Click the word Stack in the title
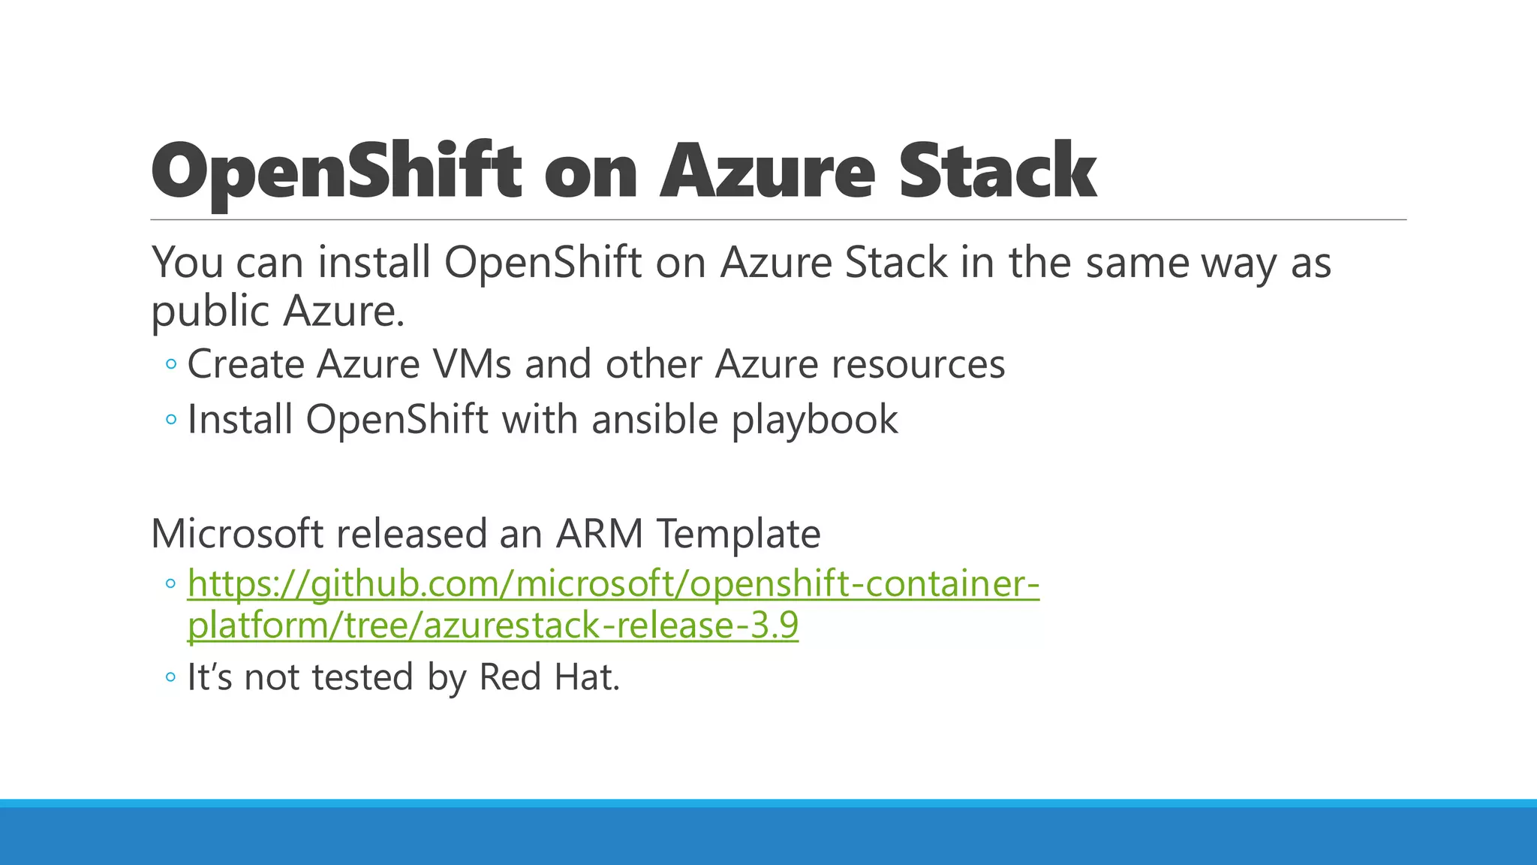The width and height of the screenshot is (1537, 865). coord(997,171)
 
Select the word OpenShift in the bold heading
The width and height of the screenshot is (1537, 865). coord(336,171)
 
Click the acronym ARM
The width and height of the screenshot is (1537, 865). coord(599,534)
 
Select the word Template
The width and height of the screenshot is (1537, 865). coord(738,534)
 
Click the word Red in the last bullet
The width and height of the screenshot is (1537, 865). coord(510,677)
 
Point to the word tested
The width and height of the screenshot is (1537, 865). coord(362,677)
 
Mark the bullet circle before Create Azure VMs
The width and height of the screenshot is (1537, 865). coord(171,365)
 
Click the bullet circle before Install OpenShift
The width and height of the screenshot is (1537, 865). coord(171,420)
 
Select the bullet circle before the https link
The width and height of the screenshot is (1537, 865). coord(171,583)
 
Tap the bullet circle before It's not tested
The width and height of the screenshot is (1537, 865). coord(171,677)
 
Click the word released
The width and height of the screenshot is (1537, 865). coord(411,534)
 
